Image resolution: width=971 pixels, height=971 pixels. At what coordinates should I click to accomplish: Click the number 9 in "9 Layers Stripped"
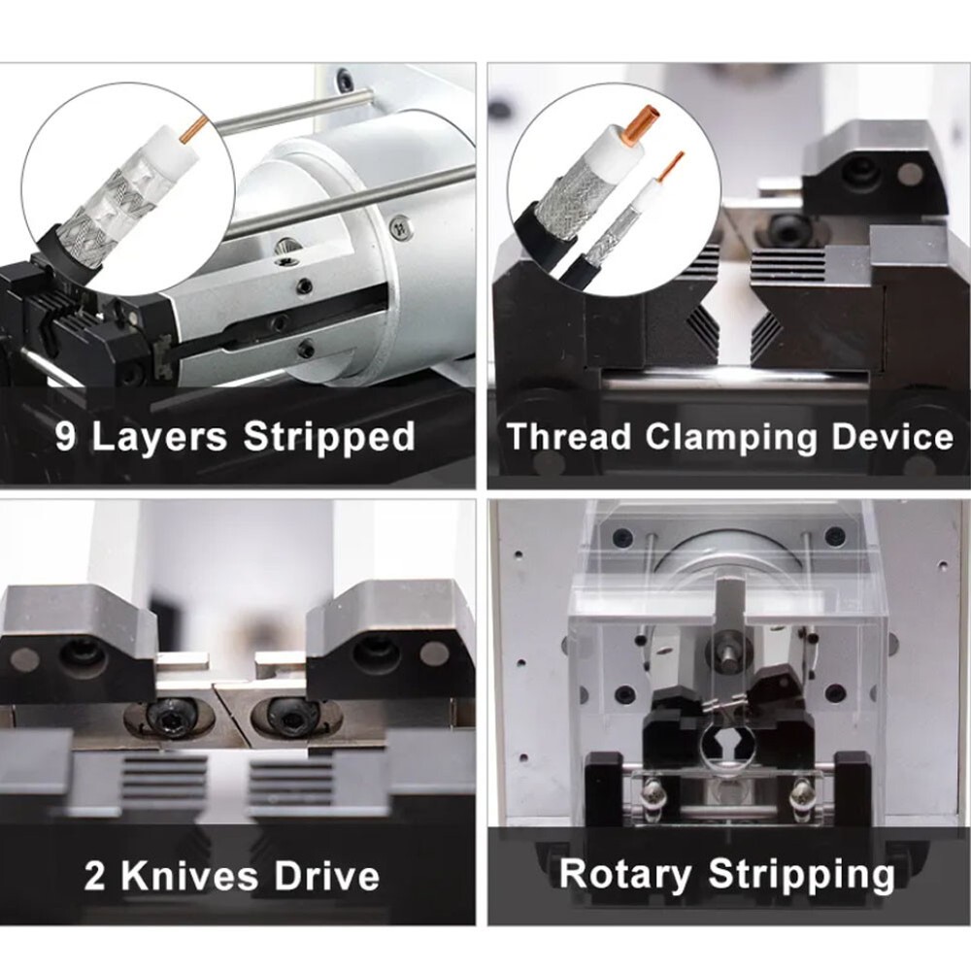66,436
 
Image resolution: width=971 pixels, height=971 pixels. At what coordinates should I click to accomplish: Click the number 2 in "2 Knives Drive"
94,878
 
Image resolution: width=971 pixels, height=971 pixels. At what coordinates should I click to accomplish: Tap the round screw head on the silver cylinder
399,227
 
